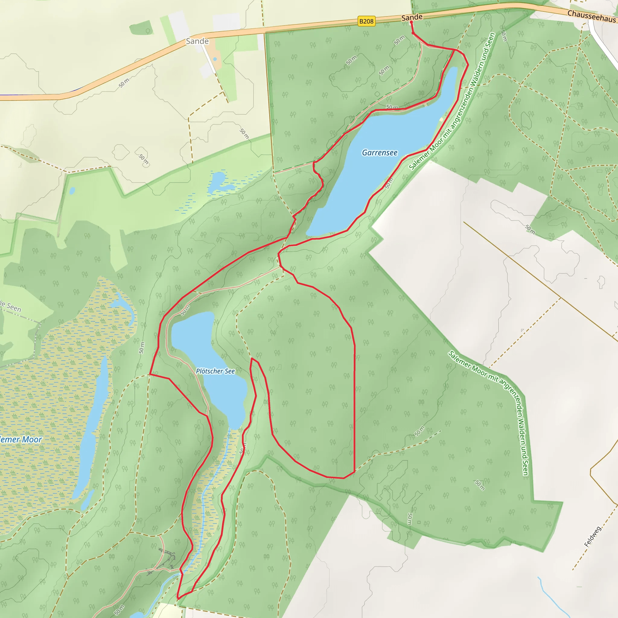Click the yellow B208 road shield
click(366, 21)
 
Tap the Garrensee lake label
click(379, 153)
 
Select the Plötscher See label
click(215, 371)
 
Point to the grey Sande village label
click(197, 41)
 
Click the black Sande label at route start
click(412, 17)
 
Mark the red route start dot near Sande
click(411, 22)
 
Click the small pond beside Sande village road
click(215, 59)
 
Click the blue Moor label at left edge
click(21, 439)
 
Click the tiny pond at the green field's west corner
click(72, 191)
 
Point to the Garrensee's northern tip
click(454, 69)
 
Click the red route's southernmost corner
click(178, 598)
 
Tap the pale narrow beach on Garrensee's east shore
click(442, 119)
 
